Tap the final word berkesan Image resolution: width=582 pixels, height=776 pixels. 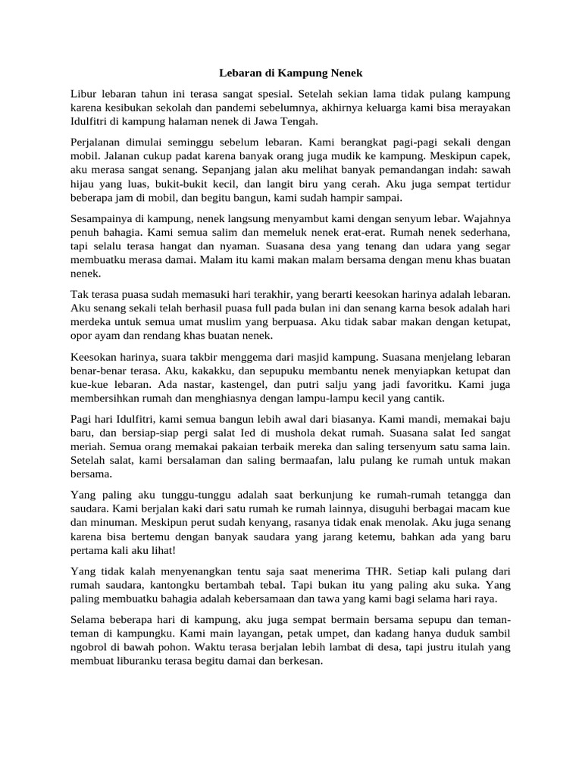[299, 660]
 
